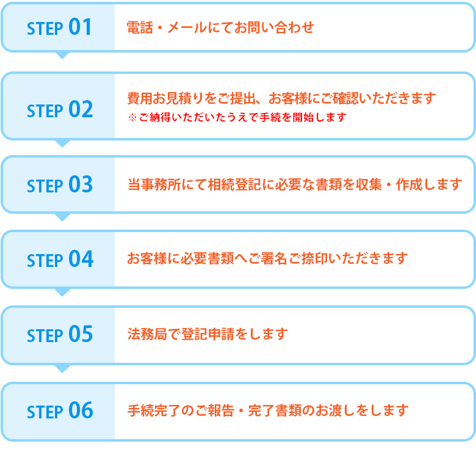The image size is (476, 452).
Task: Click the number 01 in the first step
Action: pyautogui.click(x=80, y=27)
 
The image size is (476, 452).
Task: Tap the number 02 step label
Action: pyautogui.click(x=80, y=109)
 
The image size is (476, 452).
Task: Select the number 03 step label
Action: pyautogui.click(x=80, y=184)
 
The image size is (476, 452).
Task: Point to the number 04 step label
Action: pyautogui.click(x=80, y=260)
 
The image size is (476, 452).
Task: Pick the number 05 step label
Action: pyautogui.click(x=80, y=335)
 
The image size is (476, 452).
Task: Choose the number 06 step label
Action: pyautogui.click(x=80, y=410)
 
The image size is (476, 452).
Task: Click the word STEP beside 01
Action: pyautogui.click(x=45, y=29)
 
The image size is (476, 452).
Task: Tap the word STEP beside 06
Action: pyautogui.click(x=45, y=412)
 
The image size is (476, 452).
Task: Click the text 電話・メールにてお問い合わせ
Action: pyautogui.click(x=220, y=27)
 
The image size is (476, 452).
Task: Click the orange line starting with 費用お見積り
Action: pyautogui.click(x=281, y=98)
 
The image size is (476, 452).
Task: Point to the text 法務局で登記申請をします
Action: pyautogui.click(x=207, y=335)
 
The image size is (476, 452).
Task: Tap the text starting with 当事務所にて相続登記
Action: pyautogui.click(x=295, y=184)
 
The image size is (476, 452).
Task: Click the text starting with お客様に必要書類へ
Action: pyautogui.click(x=267, y=259)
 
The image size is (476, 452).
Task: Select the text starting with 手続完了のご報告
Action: pyautogui.click(x=267, y=410)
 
